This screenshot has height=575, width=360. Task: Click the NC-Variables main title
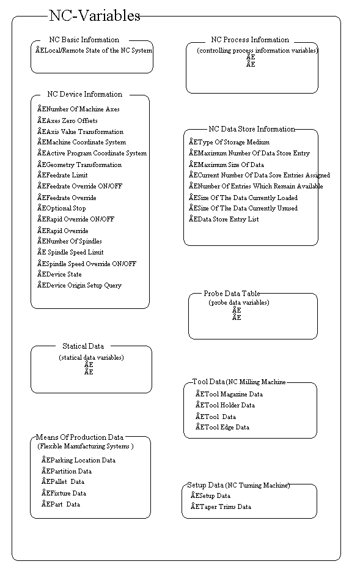[x=94, y=17]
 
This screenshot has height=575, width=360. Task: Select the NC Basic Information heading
[x=84, y=40]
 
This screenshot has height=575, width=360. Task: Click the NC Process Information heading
[x=250, y=40]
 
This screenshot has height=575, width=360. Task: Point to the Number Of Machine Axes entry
[x=78, y=109]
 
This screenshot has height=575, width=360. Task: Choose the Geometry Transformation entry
[x=79, y=165]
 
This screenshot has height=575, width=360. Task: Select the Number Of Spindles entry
[x=70, y=242]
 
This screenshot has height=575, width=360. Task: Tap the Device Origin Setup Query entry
[x=79, y=286]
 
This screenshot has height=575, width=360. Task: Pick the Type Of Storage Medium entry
[x=229, y=143]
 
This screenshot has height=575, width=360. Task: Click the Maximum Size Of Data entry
[x=227, y=165]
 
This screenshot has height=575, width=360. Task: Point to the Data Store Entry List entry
[x=224, y=220]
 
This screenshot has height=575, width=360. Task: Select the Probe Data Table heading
[x=236, y=294]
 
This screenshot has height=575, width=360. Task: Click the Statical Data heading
[x=83, y=346]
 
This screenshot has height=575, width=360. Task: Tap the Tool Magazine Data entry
[x=229, y=395]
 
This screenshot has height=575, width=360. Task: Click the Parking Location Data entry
[x=79, y=461]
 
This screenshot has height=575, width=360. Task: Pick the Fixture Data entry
[x=64, y=494]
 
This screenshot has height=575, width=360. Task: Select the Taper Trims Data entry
[x=221, y=507]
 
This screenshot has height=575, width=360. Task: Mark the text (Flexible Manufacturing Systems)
[x=86, y=447]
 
